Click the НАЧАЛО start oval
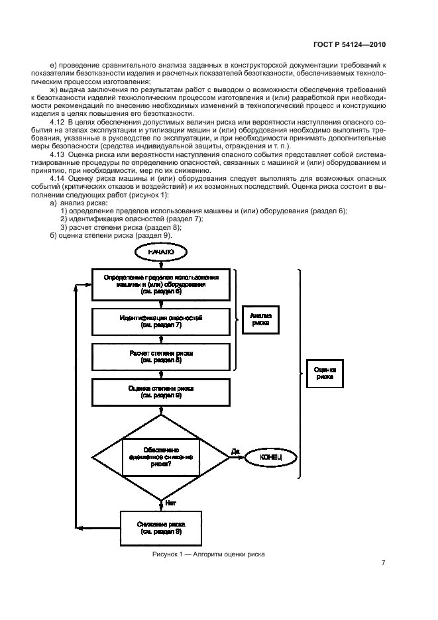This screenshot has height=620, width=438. tap(161, 252)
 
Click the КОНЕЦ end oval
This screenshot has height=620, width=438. tap(271, 456)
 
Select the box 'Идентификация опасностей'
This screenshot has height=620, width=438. tap(161, 322)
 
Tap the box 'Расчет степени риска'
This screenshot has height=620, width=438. tap(161, 357)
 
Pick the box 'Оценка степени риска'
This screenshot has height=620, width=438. tap(161, 392)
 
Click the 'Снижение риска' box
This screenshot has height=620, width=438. tap(161, 527)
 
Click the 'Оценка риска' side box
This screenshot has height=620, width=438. tap(325, 373)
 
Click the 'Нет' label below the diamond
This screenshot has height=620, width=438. tap(170, 503)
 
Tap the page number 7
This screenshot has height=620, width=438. tap(383, 563)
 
